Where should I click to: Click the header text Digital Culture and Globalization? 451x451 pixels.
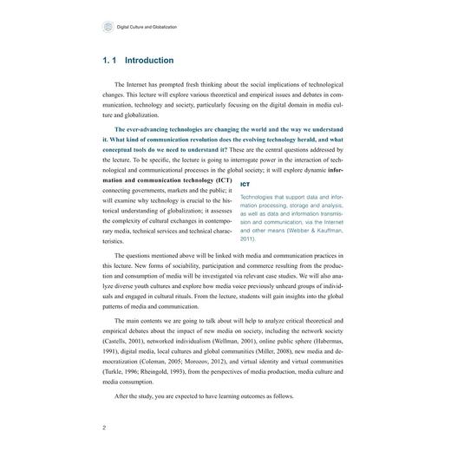[147, 28]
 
